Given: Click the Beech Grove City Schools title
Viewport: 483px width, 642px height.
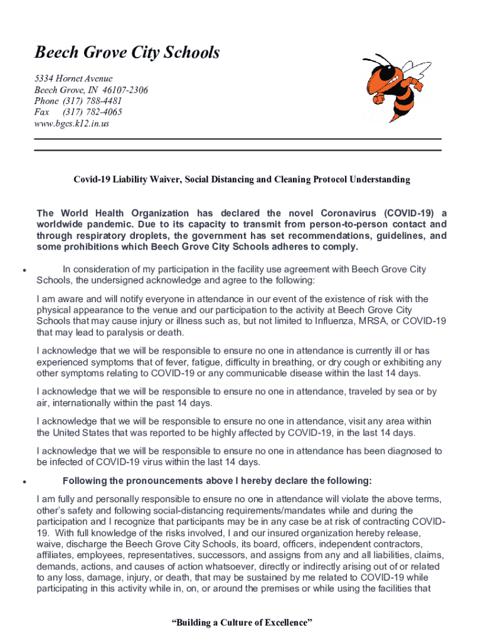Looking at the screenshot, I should pos(127,53).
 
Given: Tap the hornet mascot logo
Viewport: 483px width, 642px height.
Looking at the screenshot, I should pos(395,86).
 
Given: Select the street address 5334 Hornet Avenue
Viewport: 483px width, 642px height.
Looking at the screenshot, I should pos(73,78).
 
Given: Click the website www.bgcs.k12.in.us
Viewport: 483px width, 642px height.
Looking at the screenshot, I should pos(72,124).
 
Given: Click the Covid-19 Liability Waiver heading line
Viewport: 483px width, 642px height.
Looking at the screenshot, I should pos(242,179).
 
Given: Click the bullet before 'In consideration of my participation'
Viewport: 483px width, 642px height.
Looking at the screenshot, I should pos(23,271).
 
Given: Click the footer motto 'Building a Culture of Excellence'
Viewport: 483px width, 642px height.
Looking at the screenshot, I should pos(242,623).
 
